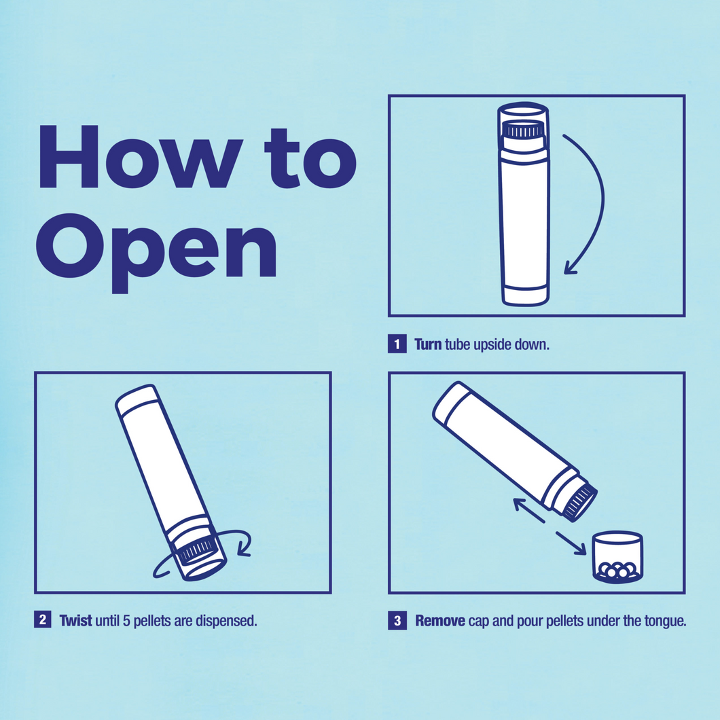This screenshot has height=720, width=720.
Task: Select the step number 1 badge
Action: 397,344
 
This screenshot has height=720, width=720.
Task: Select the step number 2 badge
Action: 43,620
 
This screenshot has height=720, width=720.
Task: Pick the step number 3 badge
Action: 397,620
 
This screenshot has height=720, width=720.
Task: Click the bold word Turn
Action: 428,344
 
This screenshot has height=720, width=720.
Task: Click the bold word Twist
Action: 76,620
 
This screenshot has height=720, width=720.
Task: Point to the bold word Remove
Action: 440,621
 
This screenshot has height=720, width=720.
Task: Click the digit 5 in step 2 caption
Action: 126,621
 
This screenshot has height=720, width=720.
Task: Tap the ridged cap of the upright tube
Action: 524,130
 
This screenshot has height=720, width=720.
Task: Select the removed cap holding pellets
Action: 617,557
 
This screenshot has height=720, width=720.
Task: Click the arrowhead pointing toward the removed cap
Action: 580,548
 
